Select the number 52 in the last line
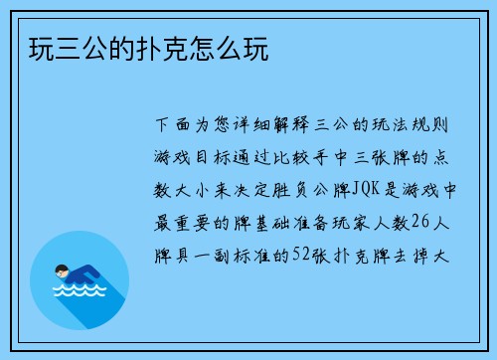[x=300, y=254]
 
